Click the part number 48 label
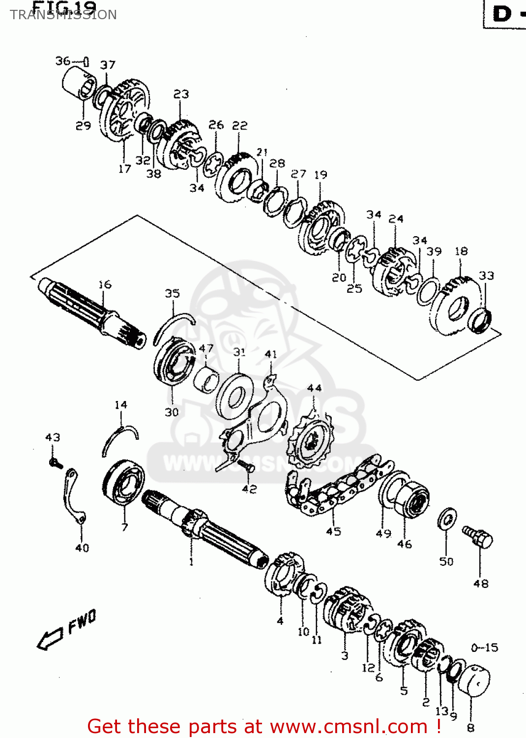481,584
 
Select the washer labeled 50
447,519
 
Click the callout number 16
105,285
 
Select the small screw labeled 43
56,462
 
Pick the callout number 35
172,294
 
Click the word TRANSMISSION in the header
63,15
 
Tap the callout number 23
181,94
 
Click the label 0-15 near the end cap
484,648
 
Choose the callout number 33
486,276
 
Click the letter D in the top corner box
502,14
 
